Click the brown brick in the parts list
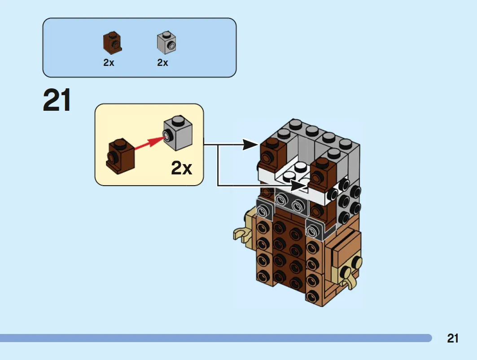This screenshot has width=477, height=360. coord(112,43)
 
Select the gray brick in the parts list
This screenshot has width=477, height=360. coord(166,43)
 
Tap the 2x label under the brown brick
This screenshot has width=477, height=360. coord(109,63)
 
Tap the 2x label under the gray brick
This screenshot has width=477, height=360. coord(162,63)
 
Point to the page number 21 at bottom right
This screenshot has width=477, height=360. coord(453,338)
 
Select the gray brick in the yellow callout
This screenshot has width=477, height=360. coord(178,133)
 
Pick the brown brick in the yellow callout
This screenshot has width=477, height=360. coord(120,156)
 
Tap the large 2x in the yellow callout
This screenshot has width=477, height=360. coord(182,168)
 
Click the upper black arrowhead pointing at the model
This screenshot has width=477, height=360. coord(251,144)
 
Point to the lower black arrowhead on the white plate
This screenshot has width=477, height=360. coord(298,185)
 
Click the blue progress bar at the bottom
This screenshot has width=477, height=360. coord(216,338)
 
